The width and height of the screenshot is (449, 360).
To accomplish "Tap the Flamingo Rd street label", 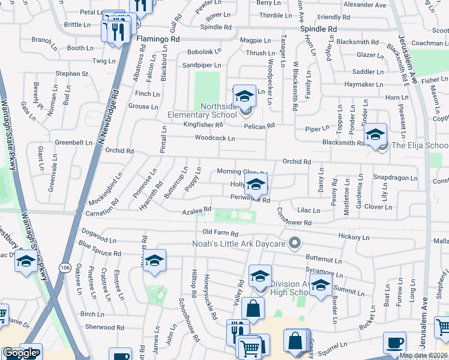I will [158, 38].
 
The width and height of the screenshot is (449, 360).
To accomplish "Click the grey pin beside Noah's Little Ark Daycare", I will [294, 243].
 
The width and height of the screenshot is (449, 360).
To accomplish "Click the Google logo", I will [20, 353].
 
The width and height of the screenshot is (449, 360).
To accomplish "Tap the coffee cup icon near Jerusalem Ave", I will [394, 342].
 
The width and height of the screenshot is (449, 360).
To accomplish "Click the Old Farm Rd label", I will [220, 233].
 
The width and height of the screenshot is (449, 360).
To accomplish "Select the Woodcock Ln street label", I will [214, 139].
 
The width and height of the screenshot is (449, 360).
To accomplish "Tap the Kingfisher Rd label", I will [203, 125].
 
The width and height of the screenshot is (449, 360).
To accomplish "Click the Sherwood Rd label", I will [104, 328].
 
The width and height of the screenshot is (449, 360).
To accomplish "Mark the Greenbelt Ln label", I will [73, 143].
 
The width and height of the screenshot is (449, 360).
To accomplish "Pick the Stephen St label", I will [72, 74].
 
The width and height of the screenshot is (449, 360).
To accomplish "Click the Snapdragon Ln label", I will [394, 178].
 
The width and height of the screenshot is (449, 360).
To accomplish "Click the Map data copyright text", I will [423, 355].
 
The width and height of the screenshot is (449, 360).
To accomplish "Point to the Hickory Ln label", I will [354, 238].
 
